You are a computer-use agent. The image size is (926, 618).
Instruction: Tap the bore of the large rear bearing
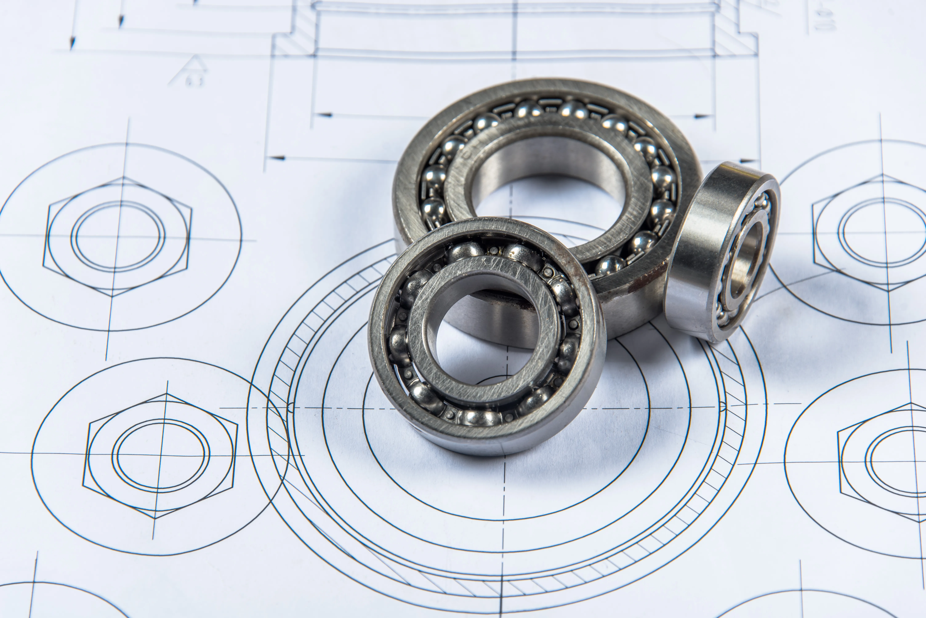point(548,173)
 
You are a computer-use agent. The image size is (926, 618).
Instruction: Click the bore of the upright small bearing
point(745,260)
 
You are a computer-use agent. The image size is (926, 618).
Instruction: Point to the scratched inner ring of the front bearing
point(489,276)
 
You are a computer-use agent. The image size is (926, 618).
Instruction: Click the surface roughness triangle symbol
point(189,71)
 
